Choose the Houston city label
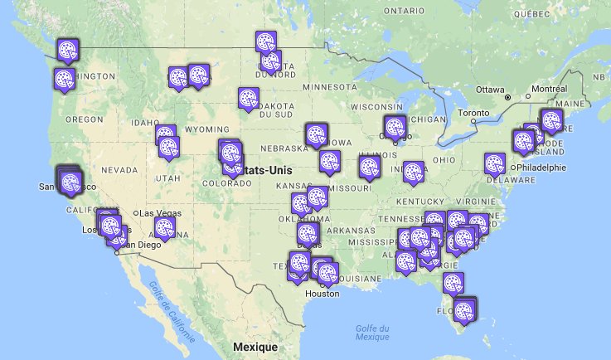coord(322,294)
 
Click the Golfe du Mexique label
coord(372,333)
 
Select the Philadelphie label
coord(542,167)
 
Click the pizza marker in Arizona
coord(165,227)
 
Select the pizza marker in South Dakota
coord(247,98)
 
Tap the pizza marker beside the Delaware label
coord(495,163)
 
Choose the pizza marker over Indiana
coord(413,171)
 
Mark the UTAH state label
coord(167,178)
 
